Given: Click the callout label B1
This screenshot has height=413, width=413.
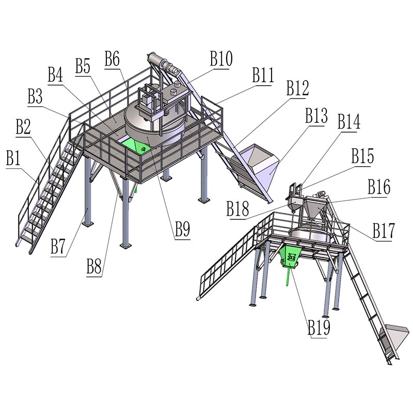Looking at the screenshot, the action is pos(13,158).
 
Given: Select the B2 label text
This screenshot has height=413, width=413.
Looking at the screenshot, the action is pos(23,126).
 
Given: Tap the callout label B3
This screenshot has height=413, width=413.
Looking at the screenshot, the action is pos(35,97).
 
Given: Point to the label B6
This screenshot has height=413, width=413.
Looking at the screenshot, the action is pos(112,58).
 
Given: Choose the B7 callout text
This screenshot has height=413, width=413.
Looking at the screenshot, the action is pos(58,246).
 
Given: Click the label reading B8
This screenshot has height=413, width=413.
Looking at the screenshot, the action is pos(94,266).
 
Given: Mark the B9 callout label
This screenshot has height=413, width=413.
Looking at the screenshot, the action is pos(183,229).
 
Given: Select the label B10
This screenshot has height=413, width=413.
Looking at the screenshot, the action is pos(221,58).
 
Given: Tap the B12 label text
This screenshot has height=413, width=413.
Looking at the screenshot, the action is pos(298,88).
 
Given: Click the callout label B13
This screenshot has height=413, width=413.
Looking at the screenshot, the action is pos(316,115).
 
